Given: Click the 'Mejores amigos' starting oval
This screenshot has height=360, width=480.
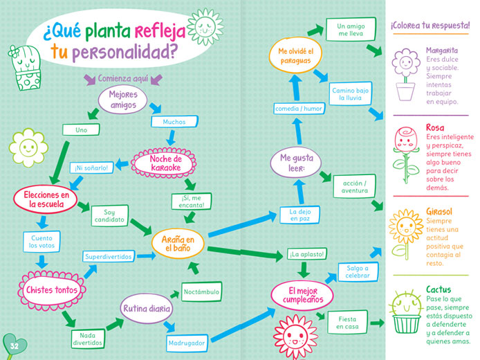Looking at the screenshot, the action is click(x=122, y=100).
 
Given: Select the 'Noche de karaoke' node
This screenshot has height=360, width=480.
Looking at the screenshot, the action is click(x=163, y=163).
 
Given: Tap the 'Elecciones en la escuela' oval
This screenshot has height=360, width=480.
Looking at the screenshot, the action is click(x=46, y=199).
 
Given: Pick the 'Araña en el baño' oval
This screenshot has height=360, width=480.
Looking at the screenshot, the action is click(x=178, y=244).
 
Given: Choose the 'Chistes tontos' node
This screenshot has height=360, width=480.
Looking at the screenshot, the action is click(x=51, y=290).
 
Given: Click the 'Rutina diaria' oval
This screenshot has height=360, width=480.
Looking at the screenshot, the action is click(x=147, y=309).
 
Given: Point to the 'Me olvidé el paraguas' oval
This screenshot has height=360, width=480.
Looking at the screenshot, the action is click(x=295, y=55).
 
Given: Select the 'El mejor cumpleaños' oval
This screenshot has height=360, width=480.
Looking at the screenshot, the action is click(x=302, y=296).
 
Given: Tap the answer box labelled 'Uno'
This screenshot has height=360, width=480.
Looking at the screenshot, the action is click(x=81, y=130).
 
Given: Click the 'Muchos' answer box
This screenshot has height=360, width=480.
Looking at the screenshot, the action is click(x=174, y=122).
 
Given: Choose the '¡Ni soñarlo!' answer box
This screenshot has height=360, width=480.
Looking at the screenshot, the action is click(x=91, y=168).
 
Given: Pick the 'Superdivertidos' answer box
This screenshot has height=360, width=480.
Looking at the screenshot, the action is click(x=109, y=256).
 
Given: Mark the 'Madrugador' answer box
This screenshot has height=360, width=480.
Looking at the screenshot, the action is click(x=187, y=343).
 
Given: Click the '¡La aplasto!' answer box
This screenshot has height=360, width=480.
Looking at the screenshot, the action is click(x=306, y=254).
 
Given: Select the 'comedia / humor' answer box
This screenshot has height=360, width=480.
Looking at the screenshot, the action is click(x=299, y=109).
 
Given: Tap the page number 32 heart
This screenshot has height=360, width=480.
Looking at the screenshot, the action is click(x=14, y=346).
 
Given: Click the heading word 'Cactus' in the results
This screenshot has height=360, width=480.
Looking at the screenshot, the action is click(x=439, y=289).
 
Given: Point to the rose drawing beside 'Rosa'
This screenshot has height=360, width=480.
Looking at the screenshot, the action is click(x=406, y=155).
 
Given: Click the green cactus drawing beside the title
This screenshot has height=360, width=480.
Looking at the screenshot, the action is click(x=26, y=68).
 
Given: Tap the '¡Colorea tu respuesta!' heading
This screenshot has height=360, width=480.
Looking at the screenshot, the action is click(x=430, y=26).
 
